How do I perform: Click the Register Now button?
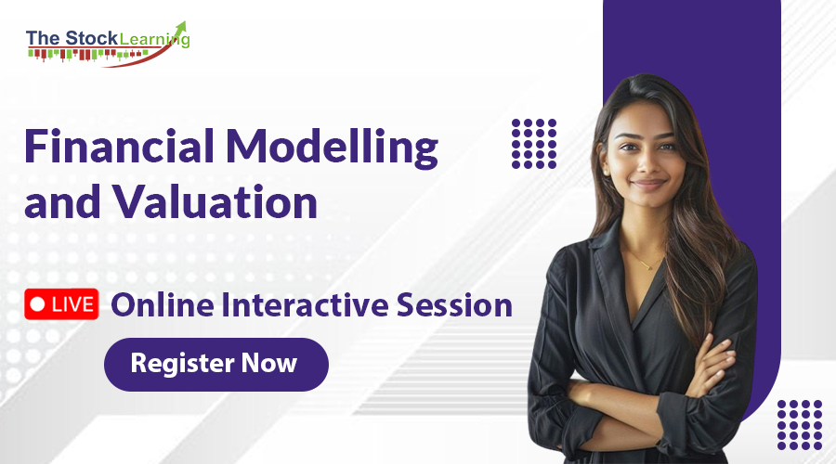coord(216,364)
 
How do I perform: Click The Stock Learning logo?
coord(108,42)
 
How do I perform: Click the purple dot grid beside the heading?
coord(534,143)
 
